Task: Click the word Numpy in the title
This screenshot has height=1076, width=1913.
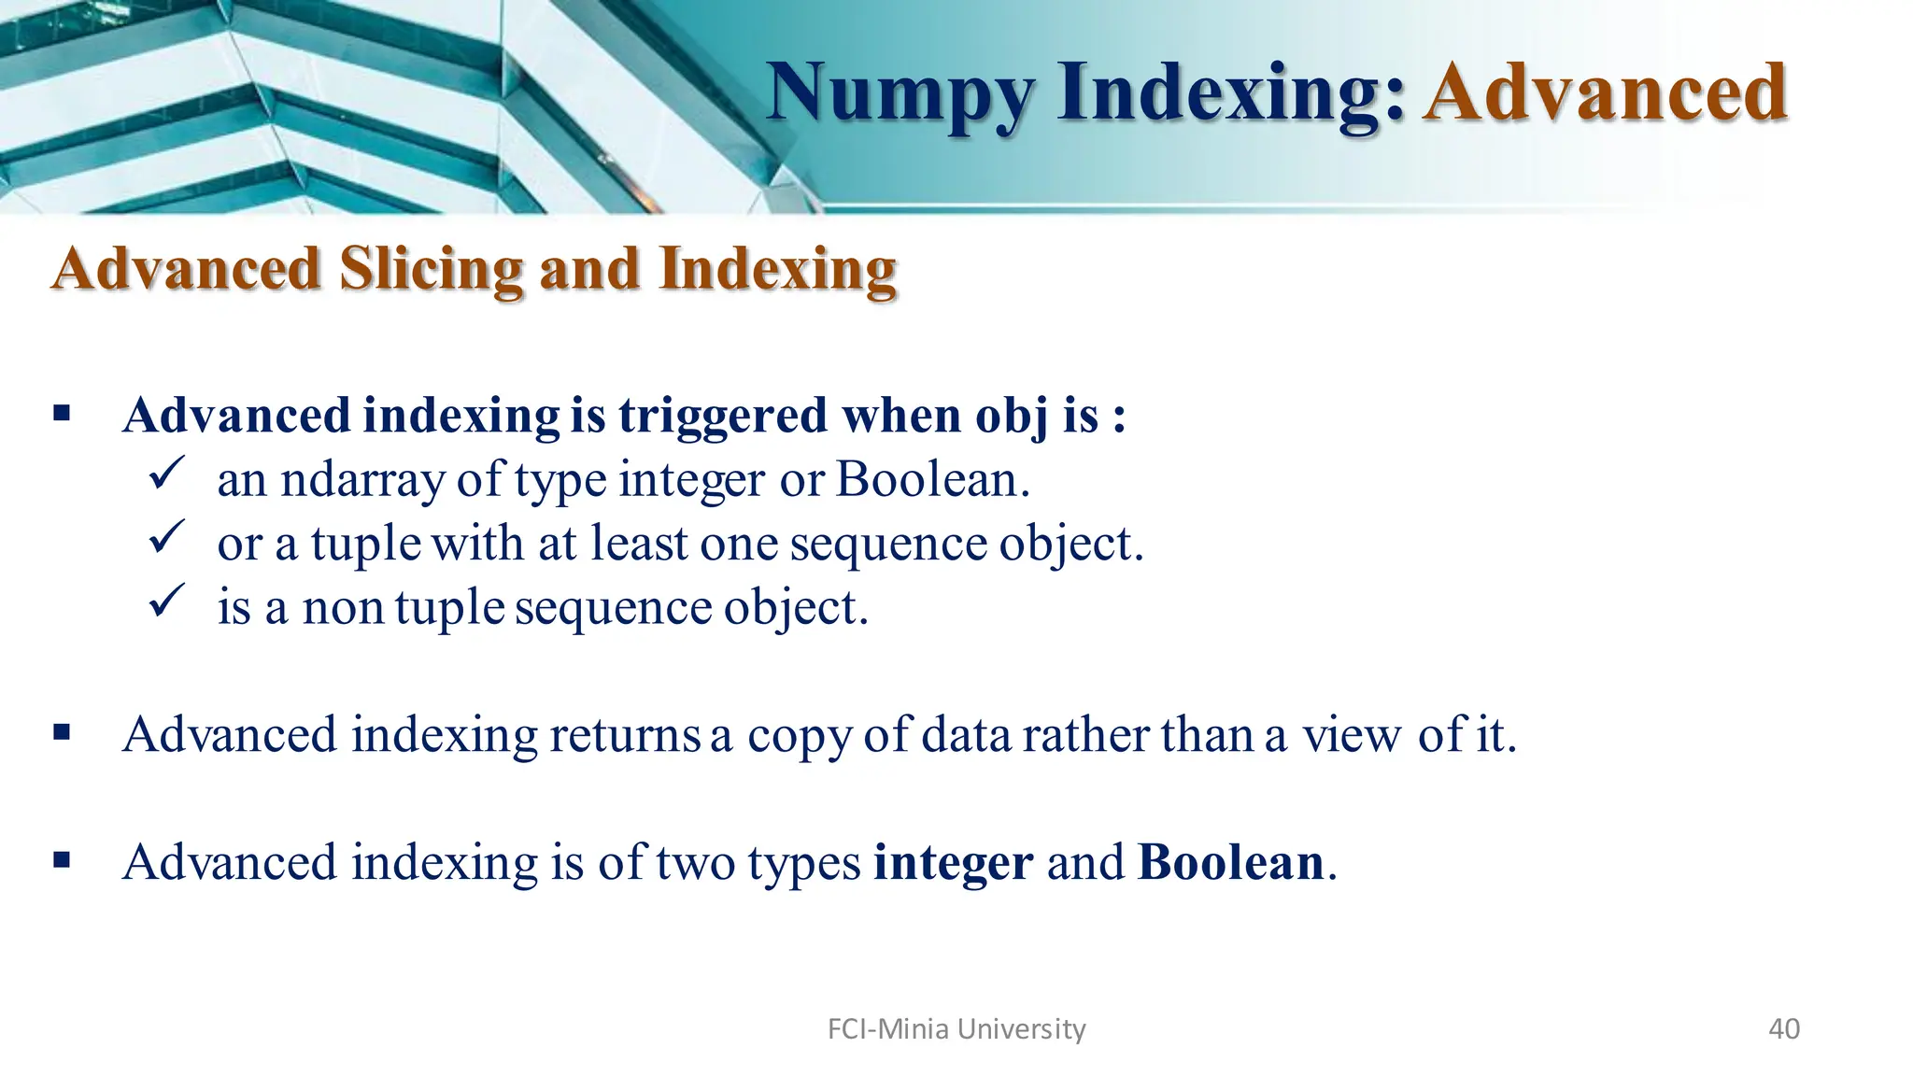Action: [900, 93]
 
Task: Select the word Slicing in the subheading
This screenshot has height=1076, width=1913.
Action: [432, 270]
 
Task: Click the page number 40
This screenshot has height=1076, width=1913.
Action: [1784, 1028]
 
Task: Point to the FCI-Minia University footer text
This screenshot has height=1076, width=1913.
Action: [956, 1028]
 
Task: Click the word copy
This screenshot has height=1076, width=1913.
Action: [800, 735]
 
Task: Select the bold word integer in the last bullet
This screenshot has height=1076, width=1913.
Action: [953, 862]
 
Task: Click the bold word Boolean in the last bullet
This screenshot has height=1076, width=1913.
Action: [1230, 862]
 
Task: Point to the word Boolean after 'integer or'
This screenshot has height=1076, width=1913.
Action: [931, 480]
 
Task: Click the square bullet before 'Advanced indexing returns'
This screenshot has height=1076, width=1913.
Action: [63, 732]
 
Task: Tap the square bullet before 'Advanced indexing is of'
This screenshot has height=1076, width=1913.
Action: [63, 859]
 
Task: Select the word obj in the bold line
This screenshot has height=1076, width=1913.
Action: [1013, 417]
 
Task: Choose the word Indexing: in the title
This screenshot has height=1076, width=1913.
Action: [1230, 93]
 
